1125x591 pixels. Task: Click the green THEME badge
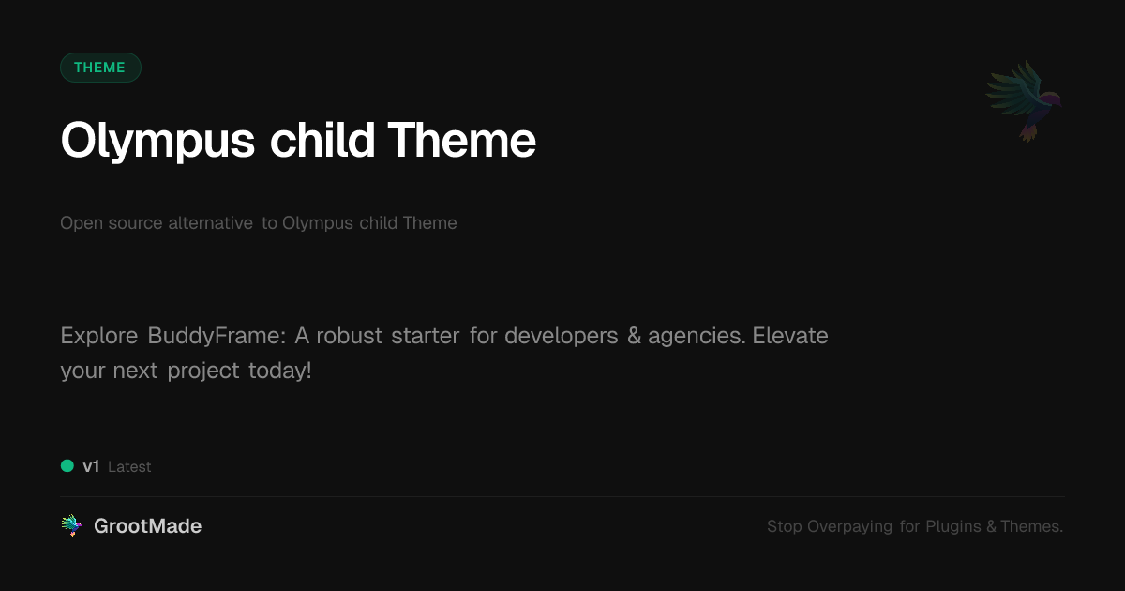[100, 68]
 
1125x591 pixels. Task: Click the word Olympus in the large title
[157, 142]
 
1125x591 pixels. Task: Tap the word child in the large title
[322, 140]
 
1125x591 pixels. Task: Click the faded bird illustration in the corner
[1024, 101]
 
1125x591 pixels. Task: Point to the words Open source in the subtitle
[111, 222]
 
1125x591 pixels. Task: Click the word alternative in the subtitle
[210, 222]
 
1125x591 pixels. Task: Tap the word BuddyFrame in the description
[217, 336]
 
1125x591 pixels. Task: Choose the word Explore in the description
[99, 336]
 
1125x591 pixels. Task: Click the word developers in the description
[561, 336]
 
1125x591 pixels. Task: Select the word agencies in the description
[697, 336]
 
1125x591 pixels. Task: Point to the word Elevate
[790, 335]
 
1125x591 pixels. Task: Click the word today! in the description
[279, 371]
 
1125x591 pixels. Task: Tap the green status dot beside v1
[67, 466]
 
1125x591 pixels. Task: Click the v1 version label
[91, 466]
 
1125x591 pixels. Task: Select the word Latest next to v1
[129, 467]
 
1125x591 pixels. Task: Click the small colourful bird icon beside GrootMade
[72, 525]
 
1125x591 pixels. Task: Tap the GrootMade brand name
[148, 525]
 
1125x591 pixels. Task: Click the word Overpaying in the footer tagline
[849, 526]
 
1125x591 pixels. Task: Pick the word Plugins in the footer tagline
[953, 526]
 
